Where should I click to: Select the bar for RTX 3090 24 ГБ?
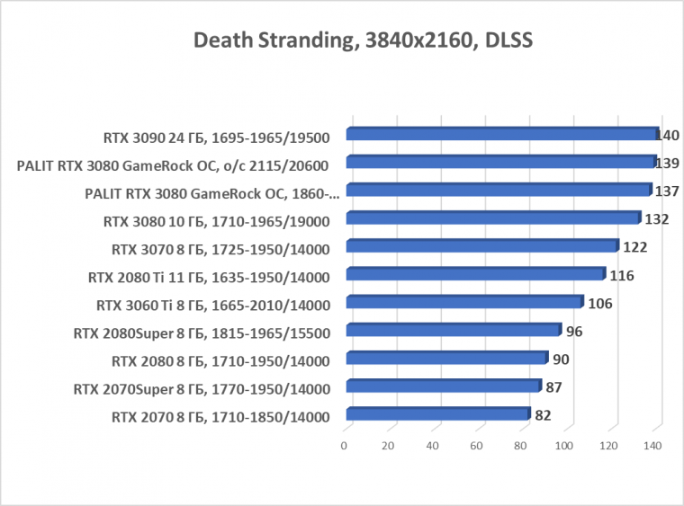502,135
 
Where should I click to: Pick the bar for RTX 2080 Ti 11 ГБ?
475,274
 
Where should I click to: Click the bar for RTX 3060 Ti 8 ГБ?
464,303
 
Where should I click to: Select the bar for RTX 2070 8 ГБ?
437,415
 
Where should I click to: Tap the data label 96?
574,332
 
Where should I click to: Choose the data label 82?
542,416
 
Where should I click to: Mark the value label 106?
599,304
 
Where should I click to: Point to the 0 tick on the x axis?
344,446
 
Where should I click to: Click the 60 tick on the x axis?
476,446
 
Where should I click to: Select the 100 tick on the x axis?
564,446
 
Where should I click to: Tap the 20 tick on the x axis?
388,446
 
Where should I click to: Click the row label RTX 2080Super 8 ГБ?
202,333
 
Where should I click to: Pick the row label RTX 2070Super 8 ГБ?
202,388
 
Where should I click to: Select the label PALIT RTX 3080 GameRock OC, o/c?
172,164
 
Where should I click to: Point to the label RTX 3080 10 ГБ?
216,220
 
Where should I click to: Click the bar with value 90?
446,359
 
